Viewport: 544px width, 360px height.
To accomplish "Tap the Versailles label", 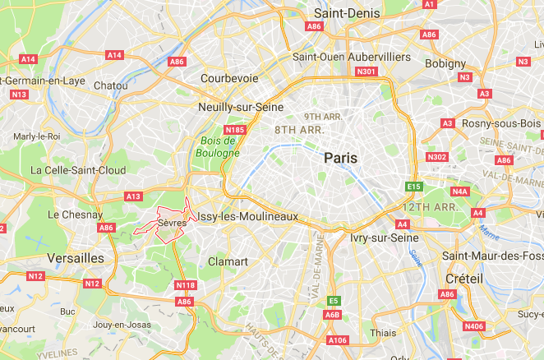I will point(74,258).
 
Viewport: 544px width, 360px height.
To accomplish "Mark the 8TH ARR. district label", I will point(300,130).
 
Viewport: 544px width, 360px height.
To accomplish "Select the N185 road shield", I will point(236,129).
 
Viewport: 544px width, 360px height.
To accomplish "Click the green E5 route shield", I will point(333,301).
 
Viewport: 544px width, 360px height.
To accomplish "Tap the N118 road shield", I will point(187,285).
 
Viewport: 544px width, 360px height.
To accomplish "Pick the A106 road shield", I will point(337,339).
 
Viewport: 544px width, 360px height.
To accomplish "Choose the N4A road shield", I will point(460,192).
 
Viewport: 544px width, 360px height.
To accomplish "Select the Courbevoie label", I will point(228,80).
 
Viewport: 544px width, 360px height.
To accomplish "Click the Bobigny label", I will point(446,63).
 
